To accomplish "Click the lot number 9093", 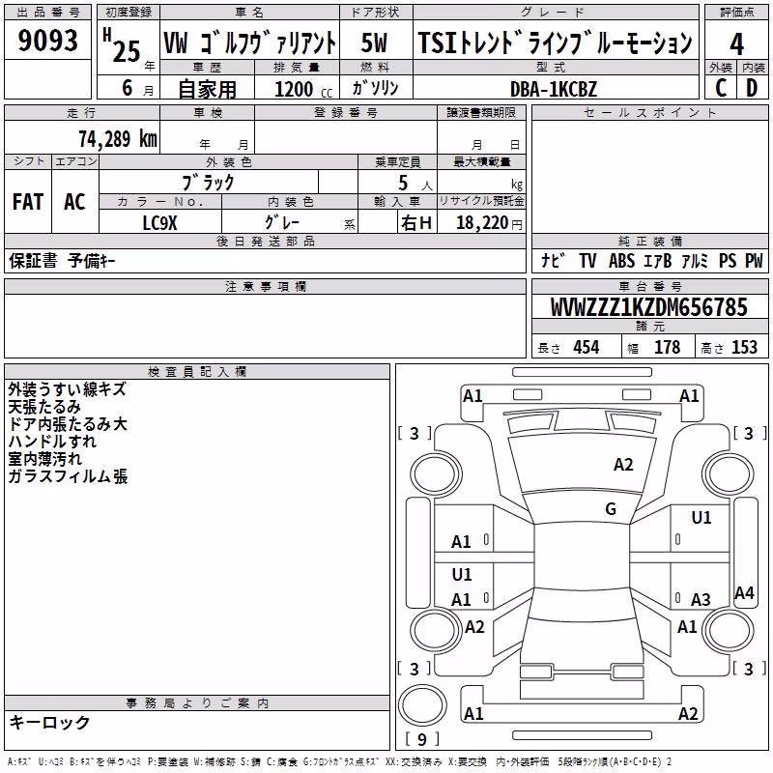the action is coord(47,41).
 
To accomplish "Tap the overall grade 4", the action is coord(736,44).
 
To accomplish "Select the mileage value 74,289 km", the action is coord(118,139).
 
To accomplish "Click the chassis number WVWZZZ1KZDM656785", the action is coord(649,307).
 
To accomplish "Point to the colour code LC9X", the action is coord(159,223).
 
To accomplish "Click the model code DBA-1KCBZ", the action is coord(554,89).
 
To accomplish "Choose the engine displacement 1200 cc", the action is coord(303,89).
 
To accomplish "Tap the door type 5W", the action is coord(374,43).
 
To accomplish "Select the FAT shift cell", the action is coord(28,202).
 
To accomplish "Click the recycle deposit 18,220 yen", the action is coord(489,223).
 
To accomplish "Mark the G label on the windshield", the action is coord(611,508).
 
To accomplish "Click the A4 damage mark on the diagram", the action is coord(744,592).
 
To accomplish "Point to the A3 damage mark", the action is coord(701,599).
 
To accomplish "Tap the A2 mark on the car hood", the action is coord(623,465).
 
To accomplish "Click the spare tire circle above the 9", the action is coord(422,705).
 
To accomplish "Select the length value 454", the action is coord(587,348).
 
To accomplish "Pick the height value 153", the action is coord(744,348).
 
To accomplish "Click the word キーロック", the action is coord(49,723).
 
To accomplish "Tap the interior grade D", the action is coord(752,88).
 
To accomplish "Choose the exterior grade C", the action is coord(721,88).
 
